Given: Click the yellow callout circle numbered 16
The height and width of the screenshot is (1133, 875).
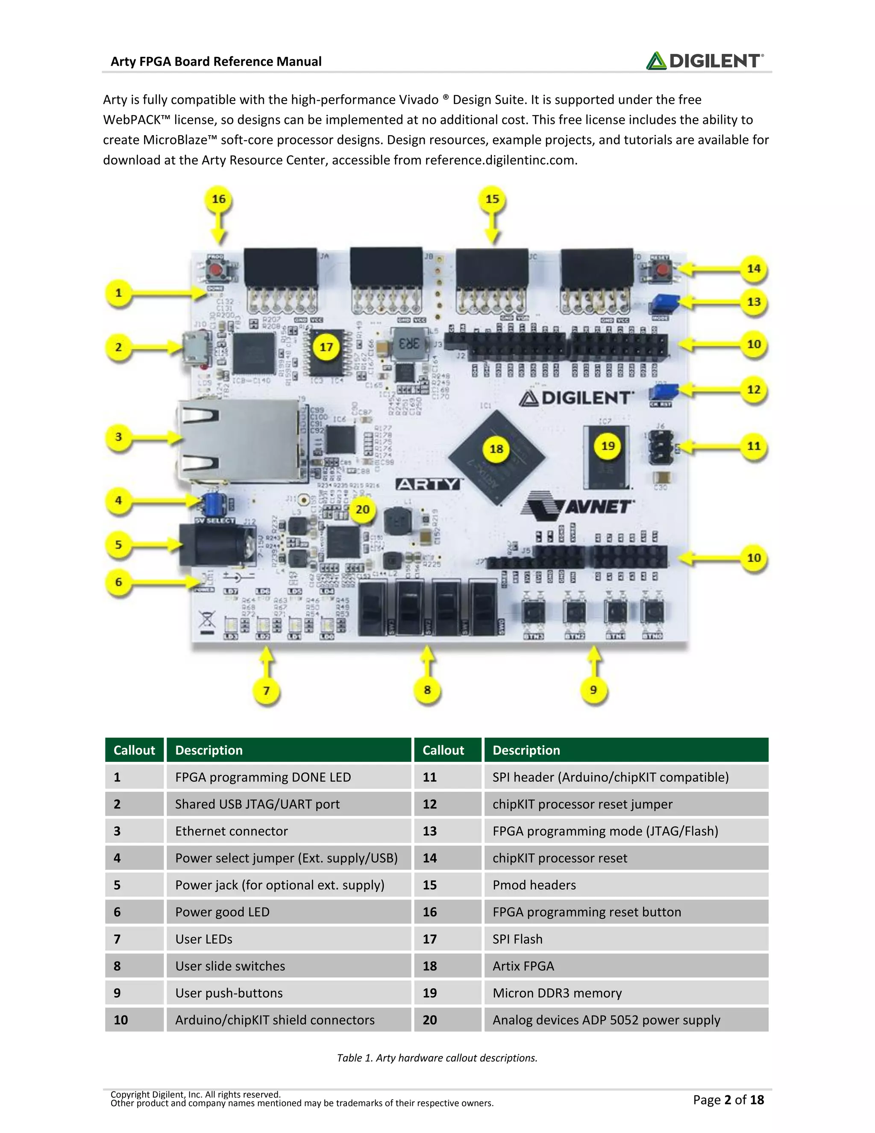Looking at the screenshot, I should click(x=219, y=199).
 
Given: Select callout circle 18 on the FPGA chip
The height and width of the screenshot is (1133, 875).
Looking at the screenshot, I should click(x=496, y=449).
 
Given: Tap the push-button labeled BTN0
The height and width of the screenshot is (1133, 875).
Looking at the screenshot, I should click(x=652, y=613).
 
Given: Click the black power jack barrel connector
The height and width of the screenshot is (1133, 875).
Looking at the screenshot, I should click(x=215, y=544).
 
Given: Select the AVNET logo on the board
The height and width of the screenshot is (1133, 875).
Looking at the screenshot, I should click(x=578, y=506).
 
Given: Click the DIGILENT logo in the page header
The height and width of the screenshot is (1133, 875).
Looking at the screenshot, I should click(x=705, y=61).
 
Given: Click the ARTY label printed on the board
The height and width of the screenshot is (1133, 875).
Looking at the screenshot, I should click(x=428, y=484).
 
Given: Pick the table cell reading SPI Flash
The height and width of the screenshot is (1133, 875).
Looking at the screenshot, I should click(x=517, y=939).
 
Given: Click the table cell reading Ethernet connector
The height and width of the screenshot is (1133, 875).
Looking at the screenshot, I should click(x=231, y=831).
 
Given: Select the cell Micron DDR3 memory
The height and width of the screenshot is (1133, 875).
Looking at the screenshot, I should click(x=557, y=993).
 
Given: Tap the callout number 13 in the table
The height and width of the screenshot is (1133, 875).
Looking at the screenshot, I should click(x=430, y=831).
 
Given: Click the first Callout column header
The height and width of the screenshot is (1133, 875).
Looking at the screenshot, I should click(x=134, y=750).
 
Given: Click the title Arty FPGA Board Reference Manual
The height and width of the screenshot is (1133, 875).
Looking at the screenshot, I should click(x=216, y=62).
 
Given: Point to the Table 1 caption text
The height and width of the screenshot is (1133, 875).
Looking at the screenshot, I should click(x=437, y=1058).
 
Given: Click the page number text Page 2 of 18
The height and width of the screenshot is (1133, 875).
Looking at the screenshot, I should click(x=728, y=1099).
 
